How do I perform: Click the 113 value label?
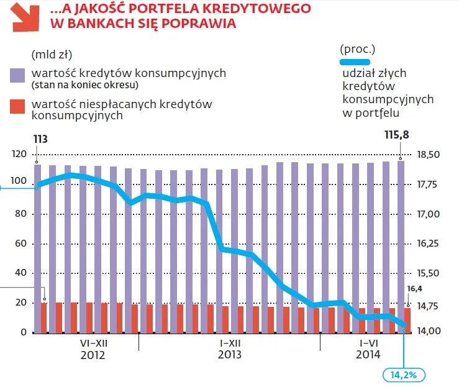click(40, 139)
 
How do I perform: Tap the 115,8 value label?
click(397, 134)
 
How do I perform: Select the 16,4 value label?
click(414, 288)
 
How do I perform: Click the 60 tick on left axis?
click(22, 244)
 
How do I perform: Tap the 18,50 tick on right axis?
click(428, 155)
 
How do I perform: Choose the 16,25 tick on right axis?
click(428, 244)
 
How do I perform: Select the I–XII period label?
click(230, 343)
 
